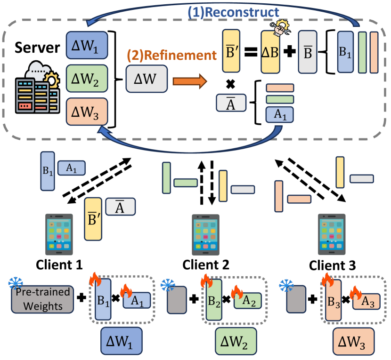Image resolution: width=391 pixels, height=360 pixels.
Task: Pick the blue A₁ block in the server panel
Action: (280, 114)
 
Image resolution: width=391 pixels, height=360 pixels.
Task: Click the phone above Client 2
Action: (206, 234)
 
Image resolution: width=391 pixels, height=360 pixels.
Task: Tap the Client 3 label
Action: (332, 266)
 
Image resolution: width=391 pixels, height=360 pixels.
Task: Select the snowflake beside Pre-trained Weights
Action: (16, 283)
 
